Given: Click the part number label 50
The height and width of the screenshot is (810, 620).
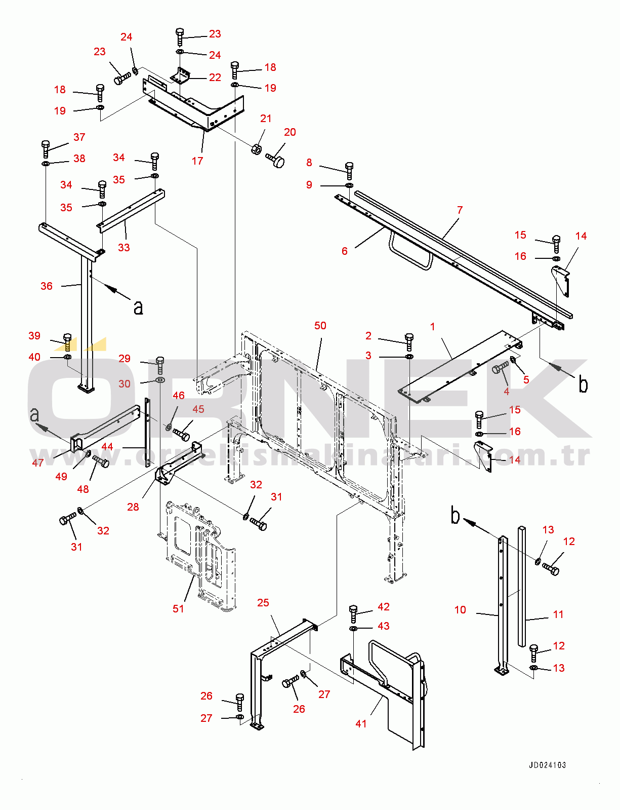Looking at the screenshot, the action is click(320, 325).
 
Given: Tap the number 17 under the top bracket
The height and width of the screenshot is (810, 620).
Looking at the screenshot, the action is click(197, 161).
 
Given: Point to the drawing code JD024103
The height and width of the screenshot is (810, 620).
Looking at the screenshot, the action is click(547, 765).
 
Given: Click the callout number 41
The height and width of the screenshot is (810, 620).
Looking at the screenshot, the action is click(361, 723).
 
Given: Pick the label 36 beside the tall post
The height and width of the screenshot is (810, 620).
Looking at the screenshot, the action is click(46, 286).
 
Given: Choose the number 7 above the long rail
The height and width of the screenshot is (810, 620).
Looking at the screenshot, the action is click(460, 210).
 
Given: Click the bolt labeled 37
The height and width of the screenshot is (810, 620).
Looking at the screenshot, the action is click(46, 149).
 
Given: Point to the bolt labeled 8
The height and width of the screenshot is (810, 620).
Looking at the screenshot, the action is click(349, 171).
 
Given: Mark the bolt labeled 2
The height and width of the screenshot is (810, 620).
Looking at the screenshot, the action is click(409, 342).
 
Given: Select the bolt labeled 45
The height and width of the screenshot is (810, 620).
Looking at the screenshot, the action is click(181, 434).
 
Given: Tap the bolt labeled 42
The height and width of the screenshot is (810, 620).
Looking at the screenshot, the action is click(353, 614).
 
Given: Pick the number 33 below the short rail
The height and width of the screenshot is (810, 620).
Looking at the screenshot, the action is click(123, 247).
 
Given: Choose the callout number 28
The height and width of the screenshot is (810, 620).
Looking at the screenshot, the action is click(133, 507).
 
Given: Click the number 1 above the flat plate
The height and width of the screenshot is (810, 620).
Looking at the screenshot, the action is click(432, 327).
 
